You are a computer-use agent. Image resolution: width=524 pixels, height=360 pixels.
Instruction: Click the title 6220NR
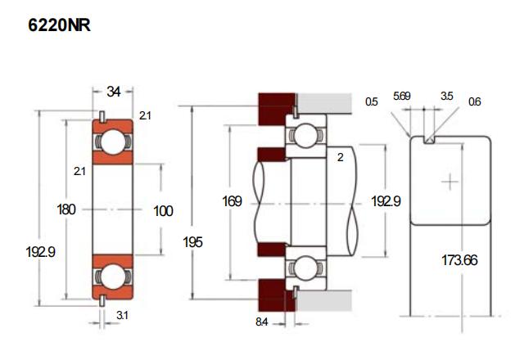(59, 26)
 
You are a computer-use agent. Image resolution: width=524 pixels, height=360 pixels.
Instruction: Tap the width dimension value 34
(114, 92)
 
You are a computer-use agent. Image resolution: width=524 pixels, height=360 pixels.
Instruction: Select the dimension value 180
(66, 210)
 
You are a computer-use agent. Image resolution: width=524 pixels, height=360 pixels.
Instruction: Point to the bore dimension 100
(163, 211)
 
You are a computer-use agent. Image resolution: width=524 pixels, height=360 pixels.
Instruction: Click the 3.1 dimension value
(122, 316)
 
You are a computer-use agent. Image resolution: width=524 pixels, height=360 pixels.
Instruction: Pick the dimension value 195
(193, 243)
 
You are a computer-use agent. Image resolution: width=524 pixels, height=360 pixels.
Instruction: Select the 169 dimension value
(233, 200)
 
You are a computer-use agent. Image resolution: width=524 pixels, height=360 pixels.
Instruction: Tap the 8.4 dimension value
(261, 322)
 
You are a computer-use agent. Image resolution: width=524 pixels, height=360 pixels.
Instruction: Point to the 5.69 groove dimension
(402, 96)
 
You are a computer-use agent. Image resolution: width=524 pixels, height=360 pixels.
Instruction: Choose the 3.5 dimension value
(446, 96)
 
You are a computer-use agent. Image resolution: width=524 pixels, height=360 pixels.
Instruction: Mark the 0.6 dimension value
(475, 102)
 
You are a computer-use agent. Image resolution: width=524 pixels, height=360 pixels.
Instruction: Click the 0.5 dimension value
(372, 102)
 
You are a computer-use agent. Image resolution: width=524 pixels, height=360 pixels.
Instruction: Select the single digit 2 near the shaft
(340, 158)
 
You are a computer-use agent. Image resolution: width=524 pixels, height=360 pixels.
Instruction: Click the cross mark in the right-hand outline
(449, 181)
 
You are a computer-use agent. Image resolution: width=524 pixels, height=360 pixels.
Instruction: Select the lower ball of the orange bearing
(112, 276)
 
